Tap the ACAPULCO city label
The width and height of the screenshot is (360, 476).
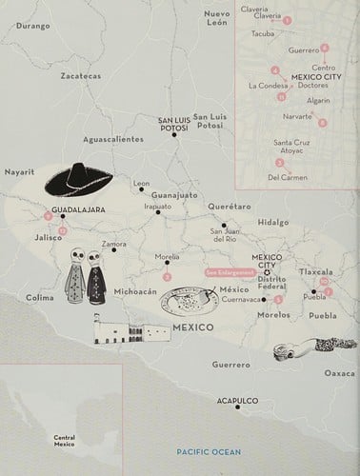pos(237,401)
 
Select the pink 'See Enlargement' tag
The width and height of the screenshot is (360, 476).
pos(230,272)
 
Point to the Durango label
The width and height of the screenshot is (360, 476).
pos(31,26)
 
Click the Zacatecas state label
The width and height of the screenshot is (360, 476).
pos(80,74)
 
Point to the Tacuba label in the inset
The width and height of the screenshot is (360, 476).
pos(263,32)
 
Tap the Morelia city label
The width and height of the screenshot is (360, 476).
pos(168,256)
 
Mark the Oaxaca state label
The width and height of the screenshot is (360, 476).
pos(340,373)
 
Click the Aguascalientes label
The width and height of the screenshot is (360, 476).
pos(113,138)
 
